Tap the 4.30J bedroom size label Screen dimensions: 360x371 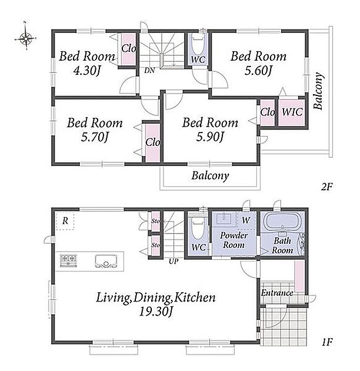coord(87,70)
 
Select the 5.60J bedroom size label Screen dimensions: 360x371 coord(258,70)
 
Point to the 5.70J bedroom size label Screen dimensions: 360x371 coord(95,137)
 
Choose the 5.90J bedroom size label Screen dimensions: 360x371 coord(210,137)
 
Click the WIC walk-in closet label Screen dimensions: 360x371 coord(292,112)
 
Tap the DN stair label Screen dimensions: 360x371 coord(149,70)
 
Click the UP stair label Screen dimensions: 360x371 coord(174,261)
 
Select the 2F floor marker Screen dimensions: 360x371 coord(326,187)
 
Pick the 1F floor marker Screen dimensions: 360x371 coord(327,342)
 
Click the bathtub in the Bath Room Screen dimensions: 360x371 coord(282,221)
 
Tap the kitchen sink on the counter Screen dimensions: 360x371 coord(106,261)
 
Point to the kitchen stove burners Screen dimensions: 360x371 coord(69,261)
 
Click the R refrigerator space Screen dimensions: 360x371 coord(65,221)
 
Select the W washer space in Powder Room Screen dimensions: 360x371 coord(246,220)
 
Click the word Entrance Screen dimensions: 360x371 coord(277,293)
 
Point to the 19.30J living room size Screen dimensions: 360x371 coord(155,312)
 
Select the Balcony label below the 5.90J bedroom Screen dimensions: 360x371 coord(210,176)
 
